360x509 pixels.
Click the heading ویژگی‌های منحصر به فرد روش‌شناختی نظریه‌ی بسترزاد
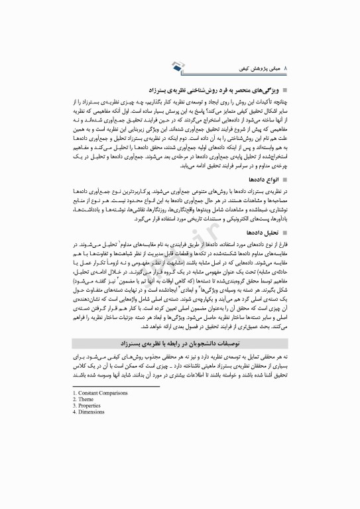coord(213,87)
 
